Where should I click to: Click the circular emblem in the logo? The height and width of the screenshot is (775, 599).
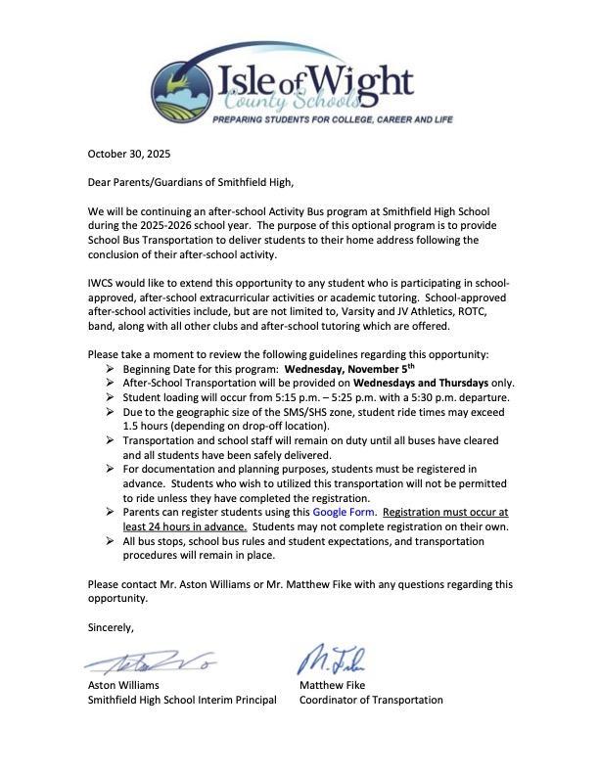click(x=184, y=90)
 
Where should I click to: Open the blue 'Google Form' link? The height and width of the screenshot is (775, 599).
click(x=344, y=512)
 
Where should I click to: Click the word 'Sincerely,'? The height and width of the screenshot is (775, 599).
click(x=111, y=626)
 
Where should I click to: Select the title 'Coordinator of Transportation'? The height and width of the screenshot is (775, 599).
click(x=371, y=700)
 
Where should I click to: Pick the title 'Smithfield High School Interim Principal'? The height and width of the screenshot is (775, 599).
click(x=182, y=700)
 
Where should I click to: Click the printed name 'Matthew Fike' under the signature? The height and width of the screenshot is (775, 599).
click(x=333, y=685)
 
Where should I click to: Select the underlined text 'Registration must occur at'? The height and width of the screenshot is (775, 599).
click(x=446, y=512)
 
